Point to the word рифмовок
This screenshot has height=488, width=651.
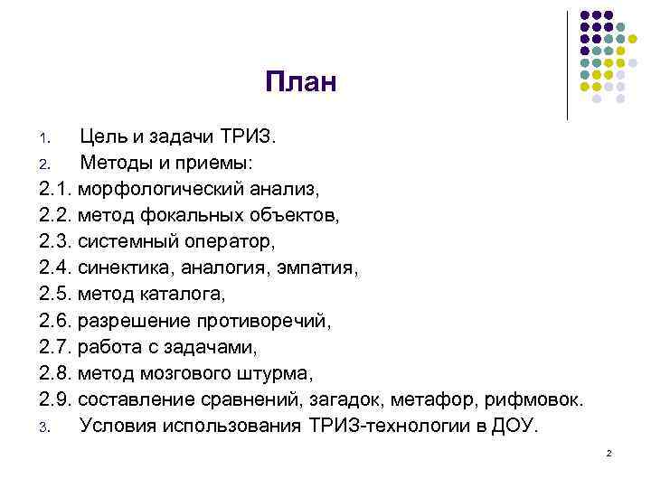point(533,399)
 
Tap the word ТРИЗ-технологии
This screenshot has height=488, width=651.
point(386,426)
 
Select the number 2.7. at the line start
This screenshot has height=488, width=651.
point(56,347)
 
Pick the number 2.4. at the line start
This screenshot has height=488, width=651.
point(56,268)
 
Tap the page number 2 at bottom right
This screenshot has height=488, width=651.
point(609,452)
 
